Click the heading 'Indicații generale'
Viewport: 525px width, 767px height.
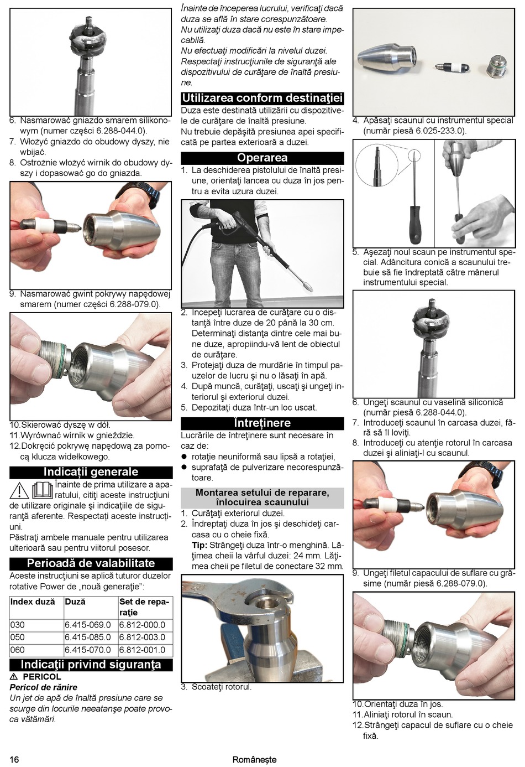(91, 472)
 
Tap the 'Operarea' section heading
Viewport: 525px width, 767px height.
(262, 158)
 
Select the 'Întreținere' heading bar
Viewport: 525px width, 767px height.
(262, 423)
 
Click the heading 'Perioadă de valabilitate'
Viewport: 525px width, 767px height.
(91, 563)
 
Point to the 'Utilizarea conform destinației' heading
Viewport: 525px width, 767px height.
(262, 99)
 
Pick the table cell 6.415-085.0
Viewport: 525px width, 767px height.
(88, 637)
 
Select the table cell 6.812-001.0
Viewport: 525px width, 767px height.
(142, 650)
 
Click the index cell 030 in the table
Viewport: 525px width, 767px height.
(18, 625)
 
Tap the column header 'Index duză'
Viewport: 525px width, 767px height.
(33, 602)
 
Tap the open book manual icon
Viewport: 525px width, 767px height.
(43, 490)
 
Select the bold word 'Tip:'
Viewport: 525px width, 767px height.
(200, 545)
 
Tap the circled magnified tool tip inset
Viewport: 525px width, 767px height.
(376, 165)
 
